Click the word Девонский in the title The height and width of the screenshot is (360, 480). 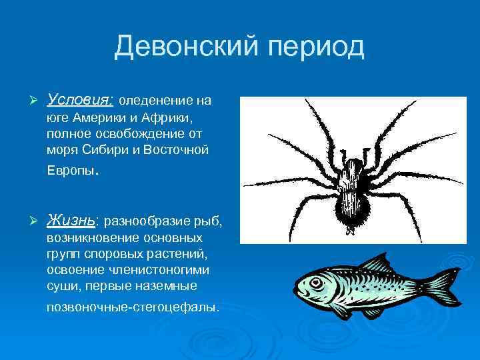click(187, 47)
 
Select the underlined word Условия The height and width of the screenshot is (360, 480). click(81, 101)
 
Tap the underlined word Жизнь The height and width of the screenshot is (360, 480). click(72, 219)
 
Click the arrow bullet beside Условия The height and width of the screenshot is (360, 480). click(27, 101)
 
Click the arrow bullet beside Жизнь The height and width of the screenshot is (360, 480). click(27, 220)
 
